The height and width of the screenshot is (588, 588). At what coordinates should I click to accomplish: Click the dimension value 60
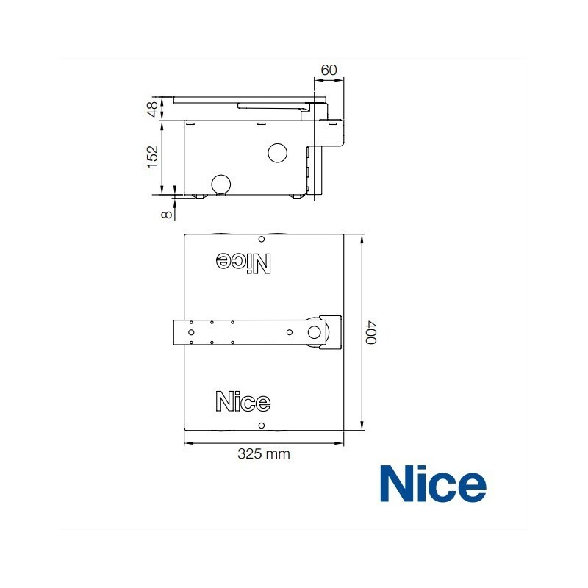pyautogui.click(x=329, y=70)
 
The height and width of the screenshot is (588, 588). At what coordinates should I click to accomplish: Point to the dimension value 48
pyautogui.click(x=152, y=108)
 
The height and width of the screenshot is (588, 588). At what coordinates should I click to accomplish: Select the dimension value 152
pyautogui.click(x=152, y=157)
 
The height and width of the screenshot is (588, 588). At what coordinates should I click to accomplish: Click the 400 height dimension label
pyautogui.click(x=372, y=334)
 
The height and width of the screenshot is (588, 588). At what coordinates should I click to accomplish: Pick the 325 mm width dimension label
pyautogui.click(x=263, y=454)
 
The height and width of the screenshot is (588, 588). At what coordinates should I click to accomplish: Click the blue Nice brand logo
pyautogui.click(x=433, y=484)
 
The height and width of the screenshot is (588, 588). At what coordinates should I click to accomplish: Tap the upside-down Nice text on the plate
pyautogui.click(x=243, y=262)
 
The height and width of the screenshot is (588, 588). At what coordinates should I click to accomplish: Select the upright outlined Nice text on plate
pyautogui.click(x=243, y=401)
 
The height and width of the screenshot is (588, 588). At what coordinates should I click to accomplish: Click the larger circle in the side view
pyautogui.click(x=279, y=152)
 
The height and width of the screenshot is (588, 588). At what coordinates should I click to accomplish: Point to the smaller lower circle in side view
pyautogui.click(x=220, y=184)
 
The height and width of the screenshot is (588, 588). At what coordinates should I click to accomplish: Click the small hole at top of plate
pyautogui.click(x=261, y=239)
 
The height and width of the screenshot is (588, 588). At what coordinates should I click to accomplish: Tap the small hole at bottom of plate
pyautogui.click(x=261, y=426)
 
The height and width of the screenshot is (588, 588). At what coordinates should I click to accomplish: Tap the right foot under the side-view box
pyautogui.click(x=298, y=197)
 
